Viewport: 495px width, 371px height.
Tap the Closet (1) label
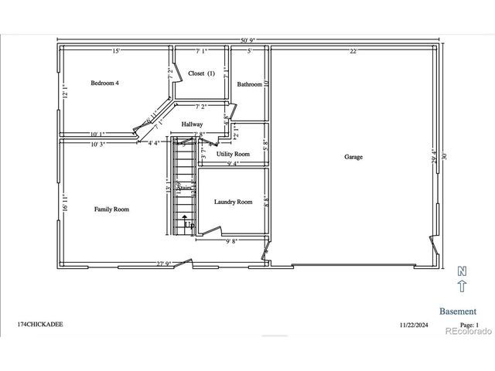point(201,73)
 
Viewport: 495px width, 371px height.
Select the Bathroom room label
point(249,84)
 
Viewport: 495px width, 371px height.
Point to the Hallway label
point(193,124)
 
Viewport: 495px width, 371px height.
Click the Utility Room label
point(233,154)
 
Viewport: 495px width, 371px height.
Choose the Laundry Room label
point(233,202)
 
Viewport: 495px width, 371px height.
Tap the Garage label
point(353,157)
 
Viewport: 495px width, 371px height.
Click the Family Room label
point(111,209)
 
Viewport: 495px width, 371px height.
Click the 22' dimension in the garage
point(353,52)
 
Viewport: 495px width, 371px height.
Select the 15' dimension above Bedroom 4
point(115,52)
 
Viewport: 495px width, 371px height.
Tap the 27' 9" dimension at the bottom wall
point(163,264)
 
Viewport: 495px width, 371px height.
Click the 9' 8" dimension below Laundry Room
point(232,241)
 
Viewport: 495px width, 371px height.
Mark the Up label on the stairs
point(188,225)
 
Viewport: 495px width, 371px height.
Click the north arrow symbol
point(462,281)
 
